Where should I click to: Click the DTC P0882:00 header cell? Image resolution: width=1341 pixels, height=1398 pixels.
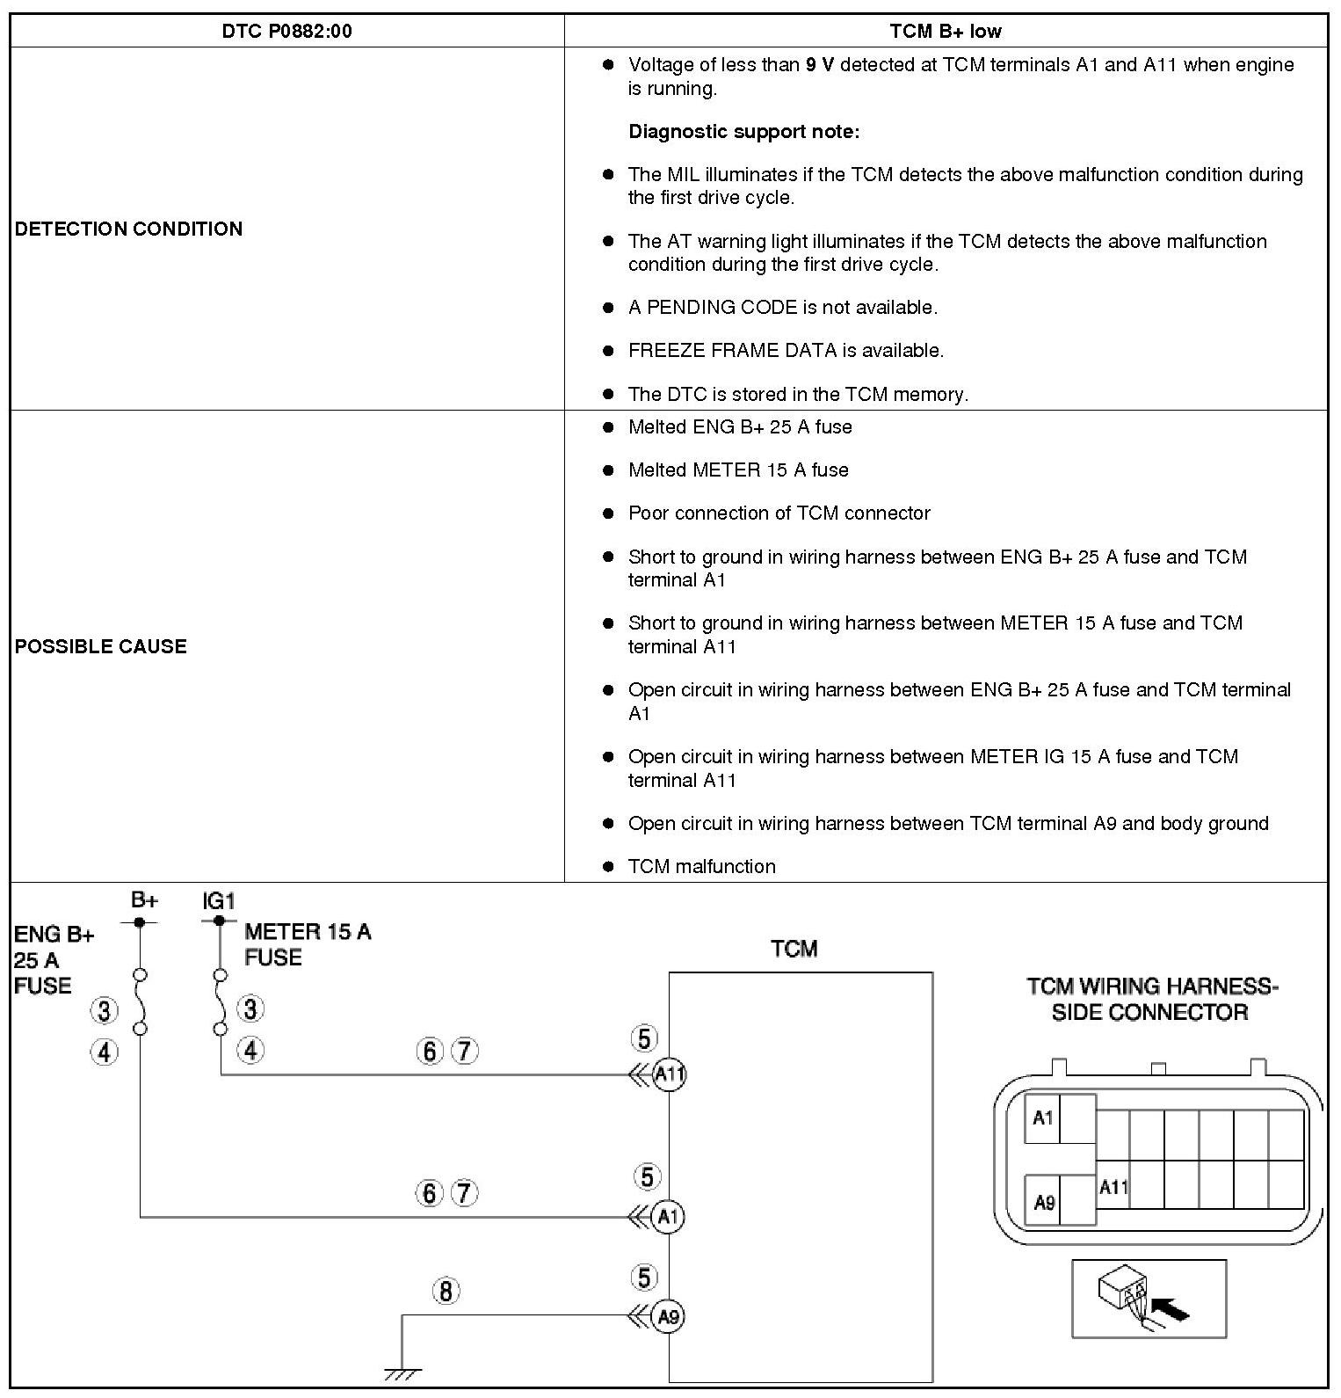tap(286, 32)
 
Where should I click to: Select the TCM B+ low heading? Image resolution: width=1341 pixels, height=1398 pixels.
tap(945, 32)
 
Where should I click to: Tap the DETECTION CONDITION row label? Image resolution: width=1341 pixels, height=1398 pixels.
tap(128, 229)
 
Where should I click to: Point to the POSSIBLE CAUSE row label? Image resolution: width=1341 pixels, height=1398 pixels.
tap(101, 646)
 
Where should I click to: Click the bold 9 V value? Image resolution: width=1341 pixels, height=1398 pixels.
tap(819, 65)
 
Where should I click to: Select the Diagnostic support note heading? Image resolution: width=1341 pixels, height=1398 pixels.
tap(743, 132)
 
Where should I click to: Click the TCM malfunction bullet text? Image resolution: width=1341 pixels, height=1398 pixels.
tap(701, 867)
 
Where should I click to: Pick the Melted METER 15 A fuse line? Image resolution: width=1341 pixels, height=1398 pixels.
tap(738, 470)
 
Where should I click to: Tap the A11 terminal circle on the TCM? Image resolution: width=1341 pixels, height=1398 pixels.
tap(670, 1074)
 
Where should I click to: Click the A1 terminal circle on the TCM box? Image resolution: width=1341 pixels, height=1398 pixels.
tap(669, 1217)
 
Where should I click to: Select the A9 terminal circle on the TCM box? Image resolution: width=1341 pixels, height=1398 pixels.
tap(669, 1316)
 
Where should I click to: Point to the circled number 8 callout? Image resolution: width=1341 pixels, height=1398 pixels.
tap(446, 1292)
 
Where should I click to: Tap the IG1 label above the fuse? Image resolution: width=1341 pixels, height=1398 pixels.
tap(219, 901)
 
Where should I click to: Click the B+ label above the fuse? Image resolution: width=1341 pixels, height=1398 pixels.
tap(144, 899)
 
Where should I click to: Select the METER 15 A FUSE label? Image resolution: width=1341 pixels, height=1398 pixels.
tap(308, 944)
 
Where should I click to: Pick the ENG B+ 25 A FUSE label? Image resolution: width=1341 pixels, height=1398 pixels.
tap(53, 959)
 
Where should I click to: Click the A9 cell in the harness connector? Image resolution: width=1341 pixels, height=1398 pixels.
tap(1043, 1202)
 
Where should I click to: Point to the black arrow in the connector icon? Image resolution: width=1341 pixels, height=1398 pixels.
tap(1169, 1310)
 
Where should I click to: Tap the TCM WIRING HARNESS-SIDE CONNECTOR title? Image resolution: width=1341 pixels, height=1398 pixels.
tap(1151, 999)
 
